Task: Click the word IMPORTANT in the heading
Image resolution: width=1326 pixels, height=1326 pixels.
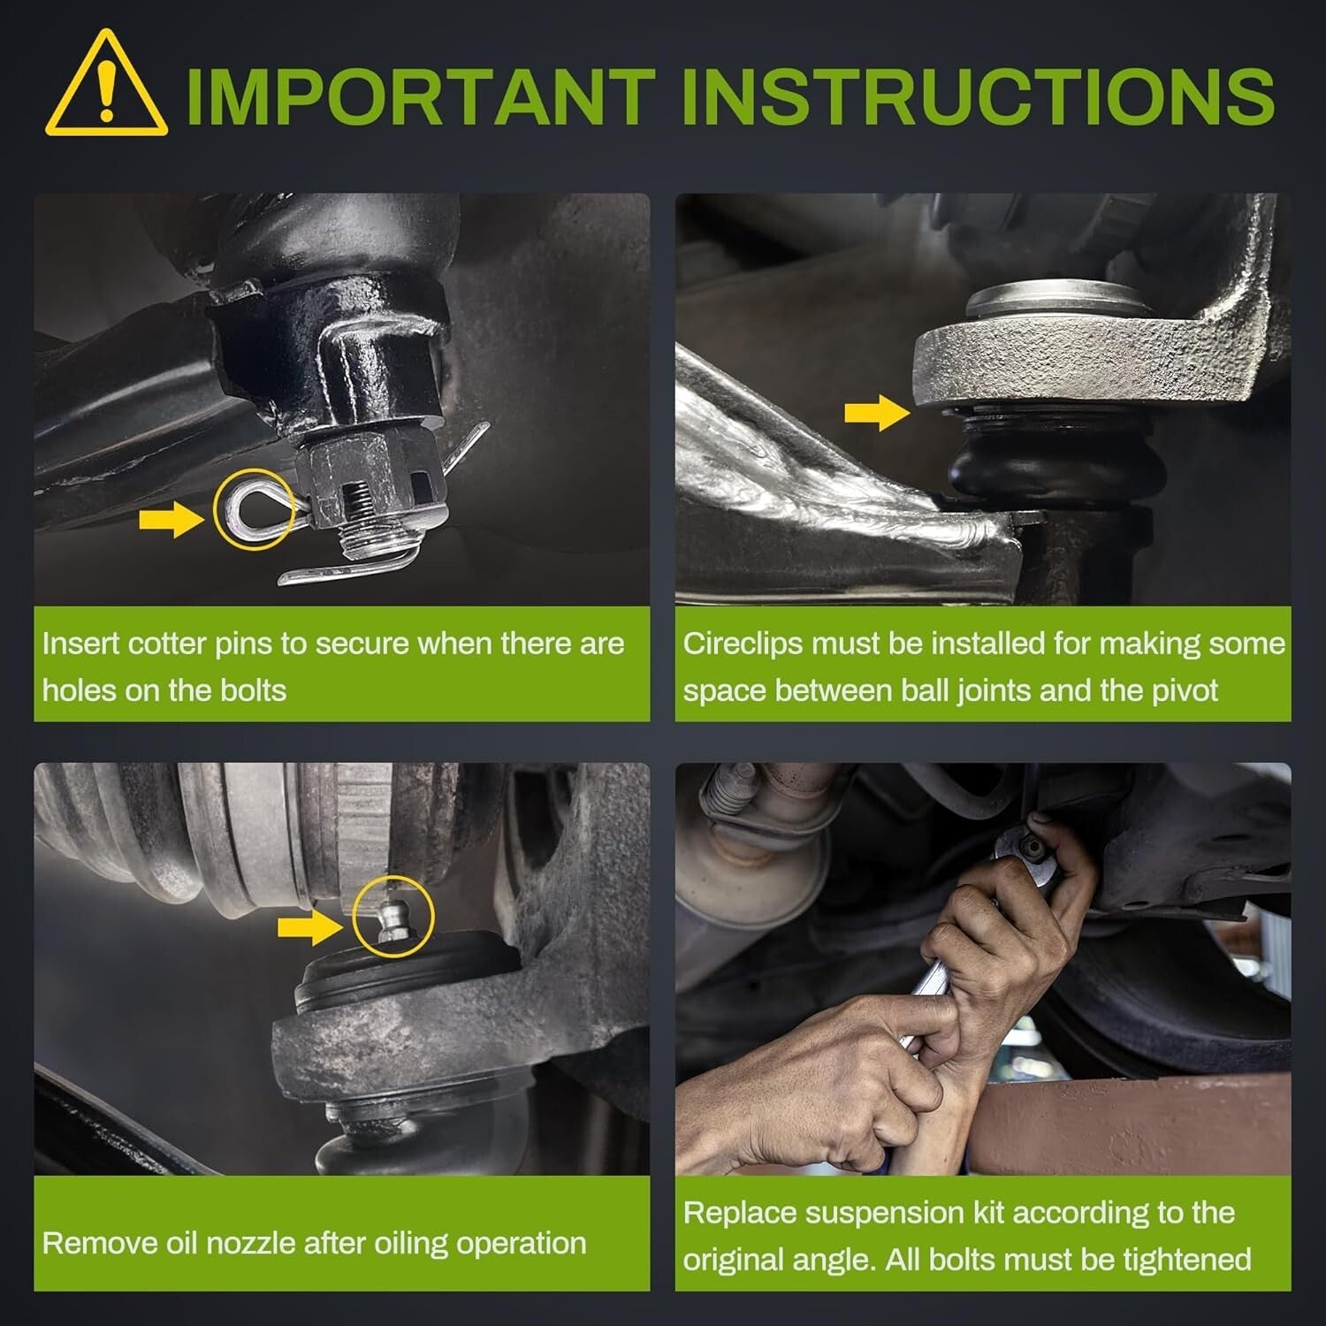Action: point(419,95)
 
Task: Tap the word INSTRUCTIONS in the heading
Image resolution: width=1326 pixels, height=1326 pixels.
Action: point(978,95)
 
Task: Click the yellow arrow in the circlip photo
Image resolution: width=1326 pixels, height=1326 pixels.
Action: point(876,413)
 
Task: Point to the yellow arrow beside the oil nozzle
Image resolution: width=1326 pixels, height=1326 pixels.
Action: point(309,927)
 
